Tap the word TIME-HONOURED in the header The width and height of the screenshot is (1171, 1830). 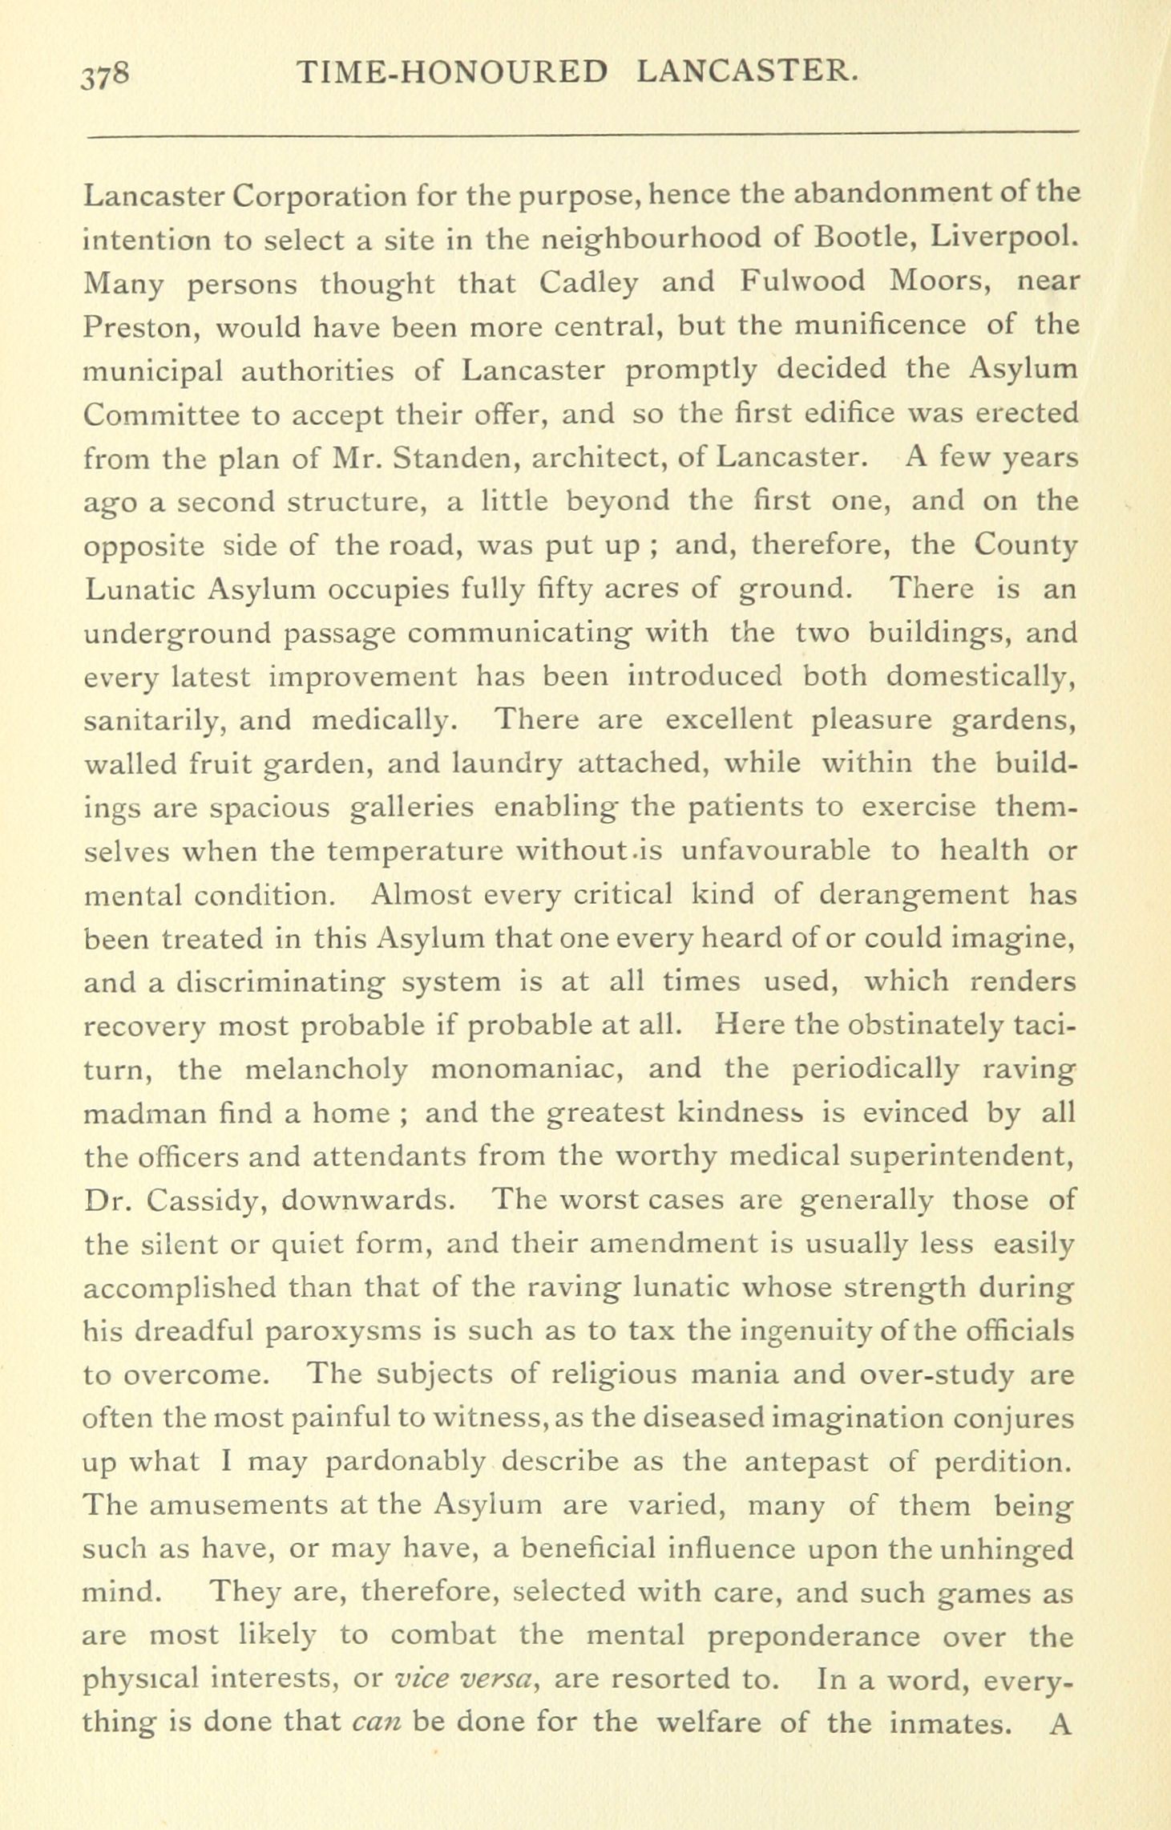452,73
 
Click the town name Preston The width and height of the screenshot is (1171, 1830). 134,326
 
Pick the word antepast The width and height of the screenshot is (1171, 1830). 806,1463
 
